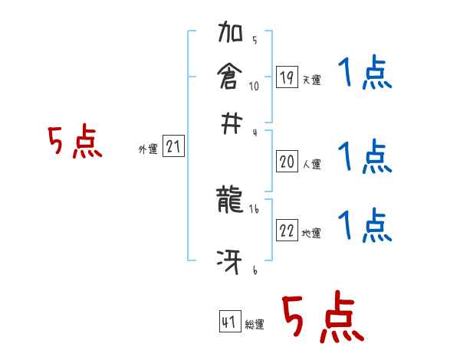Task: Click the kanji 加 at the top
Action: click(231, 35)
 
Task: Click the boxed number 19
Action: click(287, 77)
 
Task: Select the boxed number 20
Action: click(287, 161)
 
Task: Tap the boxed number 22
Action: click(287, 231)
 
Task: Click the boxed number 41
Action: click(228, 323)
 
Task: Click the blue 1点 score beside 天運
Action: click(364, 74)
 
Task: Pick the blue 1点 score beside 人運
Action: click(364, 156)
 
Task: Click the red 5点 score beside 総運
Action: click(323, 319)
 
